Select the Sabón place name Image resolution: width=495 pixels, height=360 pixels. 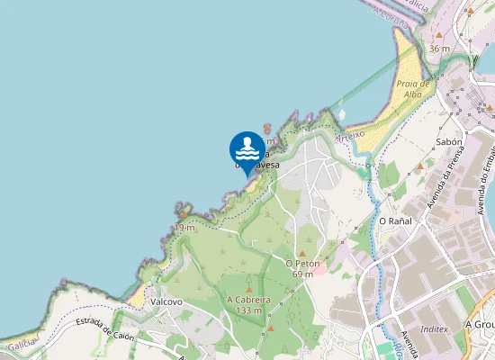447,142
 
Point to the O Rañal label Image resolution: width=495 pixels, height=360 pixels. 394,220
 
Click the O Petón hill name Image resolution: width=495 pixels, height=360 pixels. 303,263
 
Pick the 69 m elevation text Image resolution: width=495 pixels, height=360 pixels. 302,274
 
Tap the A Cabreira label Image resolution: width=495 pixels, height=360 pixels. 249,300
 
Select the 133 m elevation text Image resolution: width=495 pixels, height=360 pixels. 249,310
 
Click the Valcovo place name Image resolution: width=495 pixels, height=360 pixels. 167,301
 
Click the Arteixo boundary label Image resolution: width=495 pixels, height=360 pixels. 351,136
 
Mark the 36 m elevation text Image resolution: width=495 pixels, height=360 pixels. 438,49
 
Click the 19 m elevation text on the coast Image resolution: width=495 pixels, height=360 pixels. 184,228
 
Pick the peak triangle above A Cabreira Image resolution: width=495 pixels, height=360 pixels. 249,288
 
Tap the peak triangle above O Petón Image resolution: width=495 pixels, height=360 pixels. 303,252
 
